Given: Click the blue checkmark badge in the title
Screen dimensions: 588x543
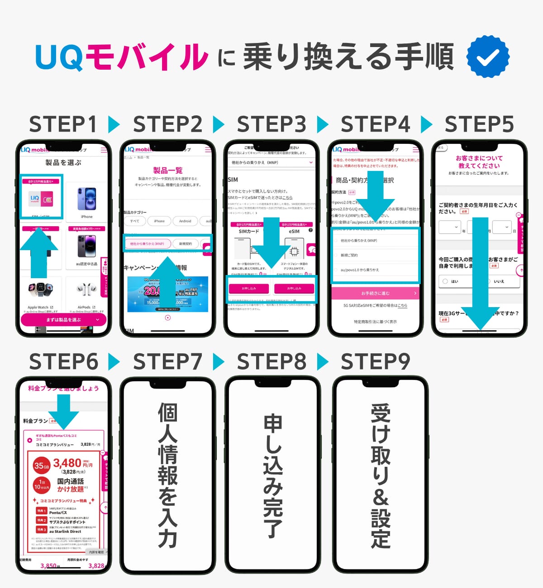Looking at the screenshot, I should (x=488, y=57).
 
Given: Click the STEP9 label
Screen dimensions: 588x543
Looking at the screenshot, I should (x=375, y=362).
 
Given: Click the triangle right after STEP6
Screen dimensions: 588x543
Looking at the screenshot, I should (x=114, y=362).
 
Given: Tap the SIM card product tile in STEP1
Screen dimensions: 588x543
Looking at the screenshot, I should (x=41, y=198).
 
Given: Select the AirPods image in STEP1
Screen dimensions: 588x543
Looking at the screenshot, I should (x=86, y=289).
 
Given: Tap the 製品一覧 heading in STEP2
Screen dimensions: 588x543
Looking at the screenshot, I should (x=167, y=171).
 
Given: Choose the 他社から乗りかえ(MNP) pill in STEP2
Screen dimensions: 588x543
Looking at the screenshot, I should (x=147, y=244).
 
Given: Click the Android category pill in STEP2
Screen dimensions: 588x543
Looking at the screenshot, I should (x=185, y=221).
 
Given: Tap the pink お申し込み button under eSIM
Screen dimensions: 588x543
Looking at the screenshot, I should (x=294, y=288).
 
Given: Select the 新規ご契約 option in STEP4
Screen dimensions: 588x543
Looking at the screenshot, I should (x=349, y=255).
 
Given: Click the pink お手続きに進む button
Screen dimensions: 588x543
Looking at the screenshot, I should (x=375, y=293).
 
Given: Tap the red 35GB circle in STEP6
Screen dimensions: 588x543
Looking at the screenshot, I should (x=41, y=465).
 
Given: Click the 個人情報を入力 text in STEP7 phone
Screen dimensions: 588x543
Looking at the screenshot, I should (x=167, y=475).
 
